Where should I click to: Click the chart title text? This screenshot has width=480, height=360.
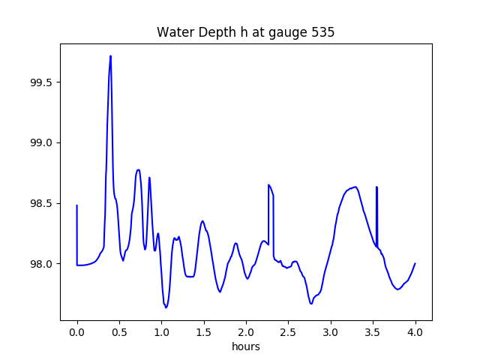245,33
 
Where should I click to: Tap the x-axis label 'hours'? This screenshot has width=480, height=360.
245,346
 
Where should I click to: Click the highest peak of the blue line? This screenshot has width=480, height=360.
110,56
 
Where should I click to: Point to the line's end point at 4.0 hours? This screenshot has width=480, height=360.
415,263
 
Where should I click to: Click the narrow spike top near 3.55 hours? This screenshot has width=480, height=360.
376,187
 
